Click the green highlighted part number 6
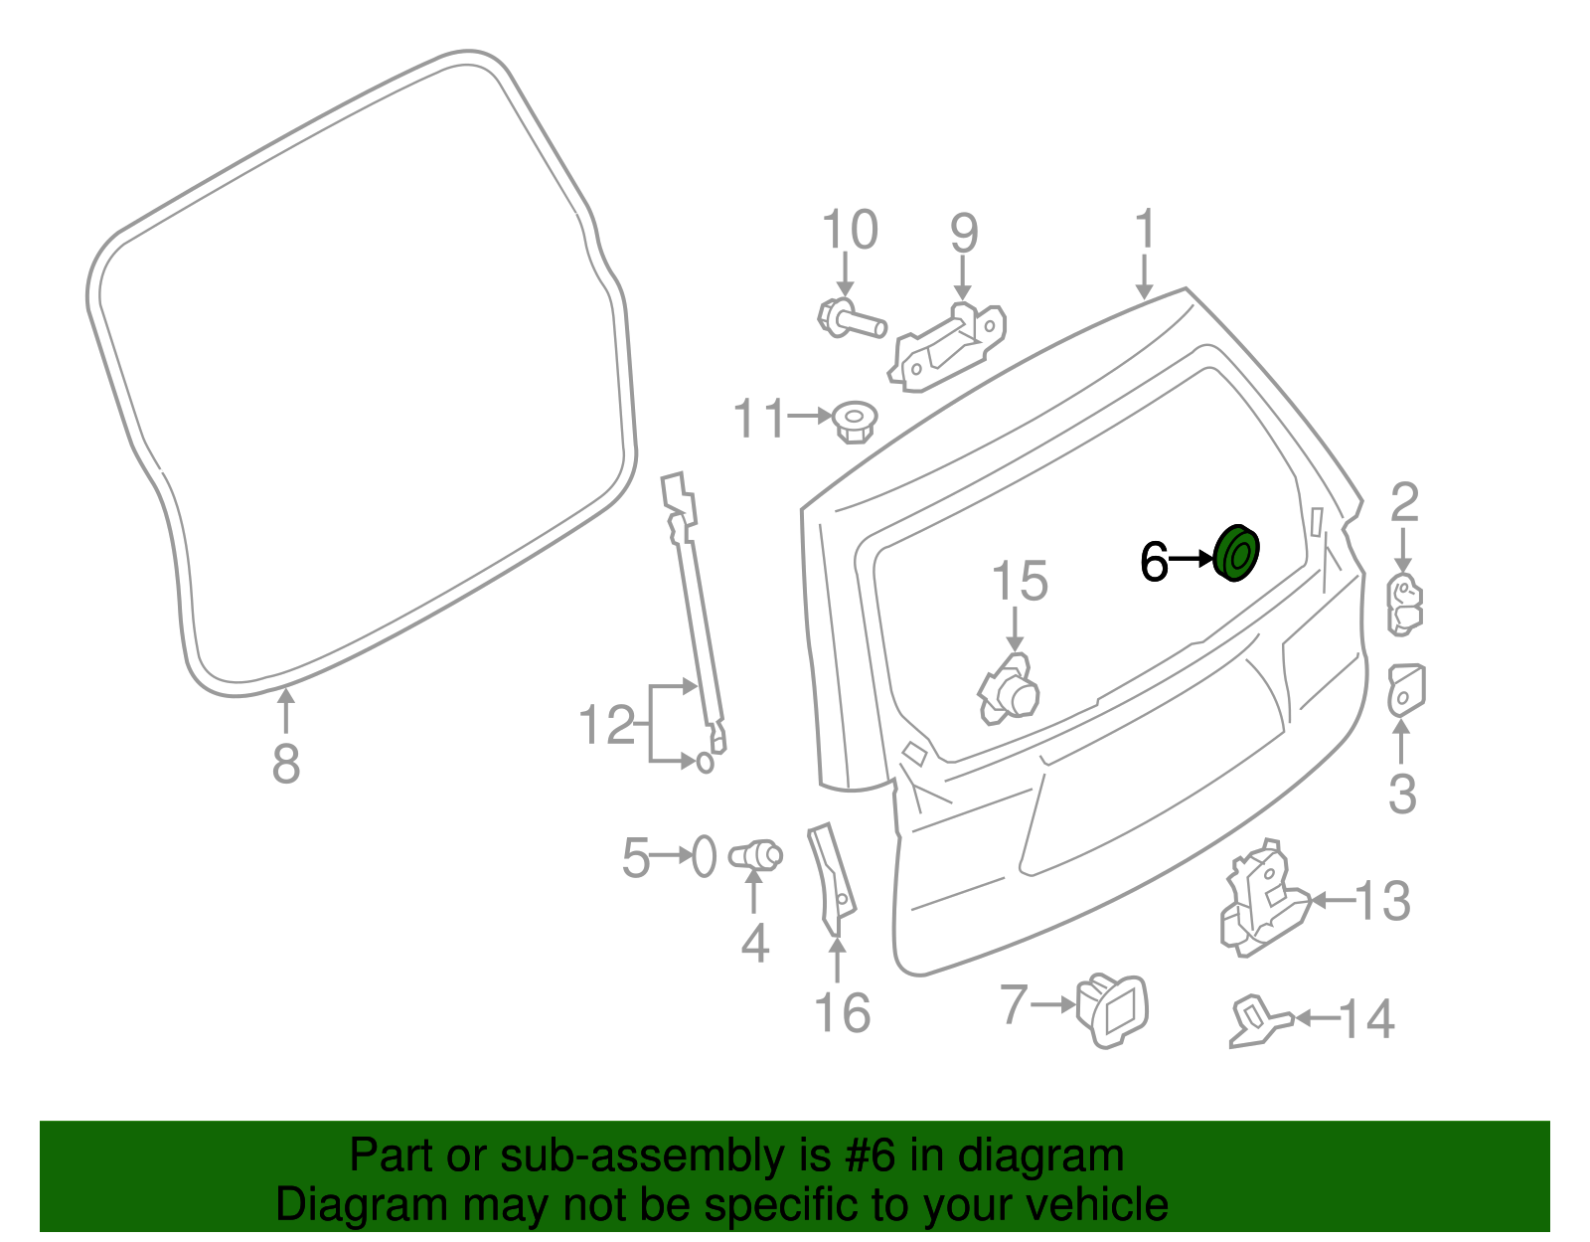pos(1236,554)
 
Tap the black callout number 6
pos(1154,562)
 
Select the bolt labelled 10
pos(850,320)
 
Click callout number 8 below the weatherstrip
pos(285,765)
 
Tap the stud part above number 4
pos(755,855)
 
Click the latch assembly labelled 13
pos(1262,900)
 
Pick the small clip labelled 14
pos(1258,1022)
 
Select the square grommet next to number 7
pos(1113,1007)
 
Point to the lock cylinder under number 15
pos(1009,689)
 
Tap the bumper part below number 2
pos(1403,604)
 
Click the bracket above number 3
pos(1405,690)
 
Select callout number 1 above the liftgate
pos(1145,230)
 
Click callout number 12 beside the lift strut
pos(606,725)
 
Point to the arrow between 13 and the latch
pos(1332,901)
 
